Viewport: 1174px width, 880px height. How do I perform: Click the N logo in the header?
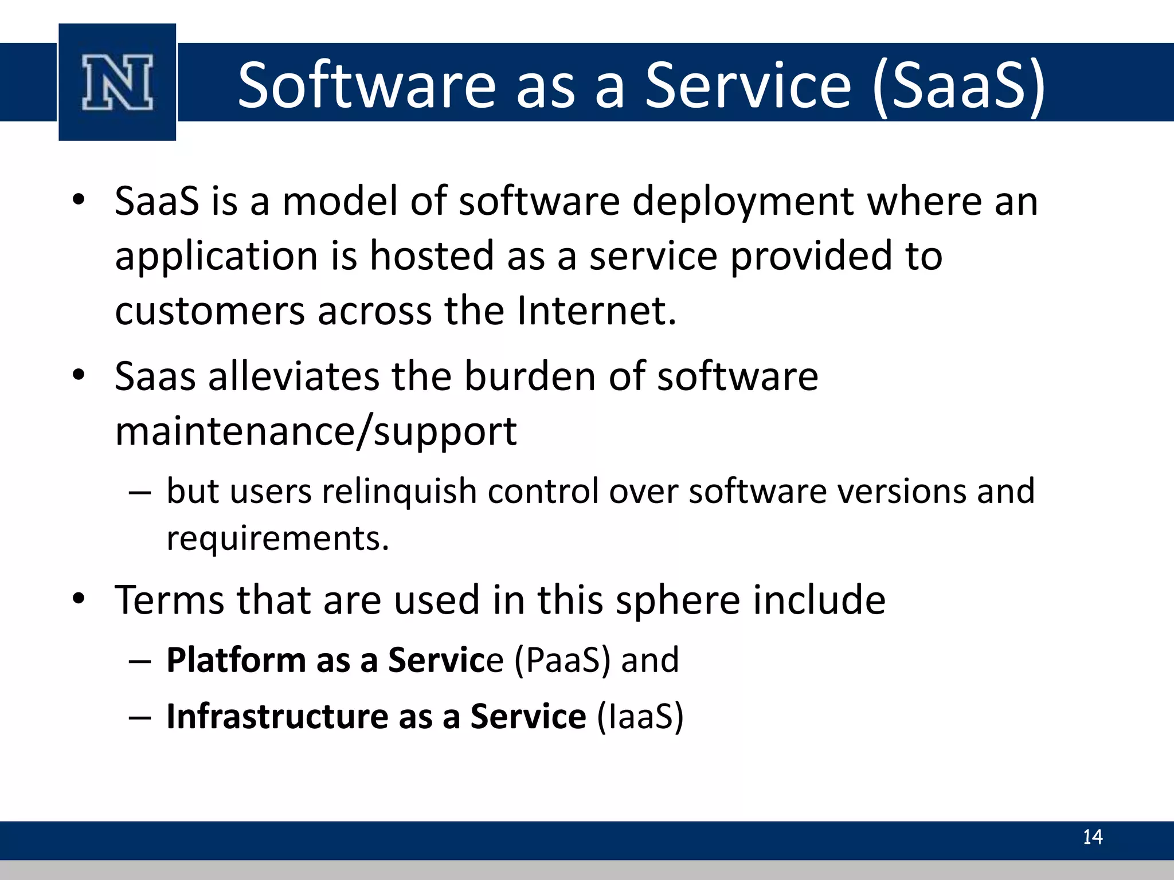118,82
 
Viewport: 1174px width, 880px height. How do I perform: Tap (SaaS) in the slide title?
959,87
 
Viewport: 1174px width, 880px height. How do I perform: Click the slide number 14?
1092,837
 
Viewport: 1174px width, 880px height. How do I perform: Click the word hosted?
432,256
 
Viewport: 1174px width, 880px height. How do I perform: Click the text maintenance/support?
316,431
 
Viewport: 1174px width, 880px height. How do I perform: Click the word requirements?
277,539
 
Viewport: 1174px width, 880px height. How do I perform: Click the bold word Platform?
236,660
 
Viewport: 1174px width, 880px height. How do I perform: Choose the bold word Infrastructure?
277,717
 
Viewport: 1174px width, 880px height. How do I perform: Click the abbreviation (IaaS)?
640,717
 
